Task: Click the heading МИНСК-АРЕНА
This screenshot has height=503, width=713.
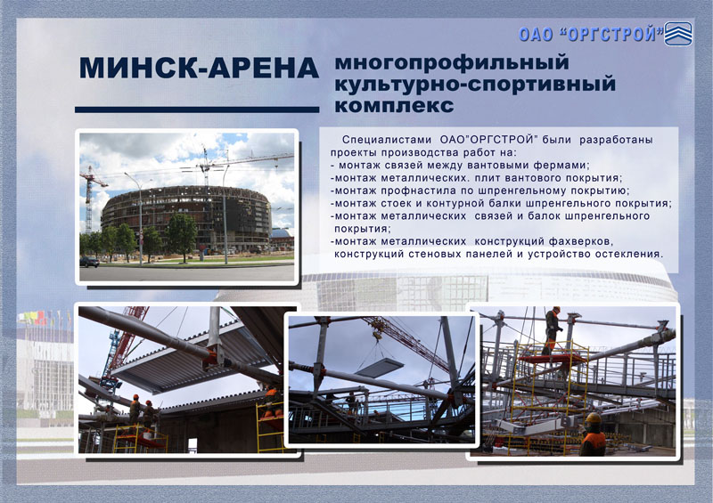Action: click(x=199, y=68)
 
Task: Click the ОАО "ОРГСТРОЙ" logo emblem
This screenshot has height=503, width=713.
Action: click(x=678, y=34)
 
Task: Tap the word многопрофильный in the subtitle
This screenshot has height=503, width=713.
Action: click(x=452, y=62)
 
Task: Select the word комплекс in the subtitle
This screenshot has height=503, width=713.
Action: click(x=394, y=105)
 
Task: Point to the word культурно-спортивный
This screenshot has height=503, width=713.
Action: click(x=475, y=85)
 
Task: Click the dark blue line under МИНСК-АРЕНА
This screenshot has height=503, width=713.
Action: click(x=197, y=110)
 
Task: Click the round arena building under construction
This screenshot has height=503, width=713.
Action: click(x=186, y=218)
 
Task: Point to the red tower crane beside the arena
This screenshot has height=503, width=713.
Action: click(x=90, y=199)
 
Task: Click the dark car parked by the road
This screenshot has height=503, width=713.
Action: click(x=89, y=262)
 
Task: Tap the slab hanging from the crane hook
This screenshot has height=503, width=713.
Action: click(x=380, y=367)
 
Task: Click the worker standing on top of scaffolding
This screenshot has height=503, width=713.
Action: click(x=552, y=330)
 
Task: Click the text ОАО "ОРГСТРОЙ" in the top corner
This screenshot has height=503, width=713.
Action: click(x=591, y=34)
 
